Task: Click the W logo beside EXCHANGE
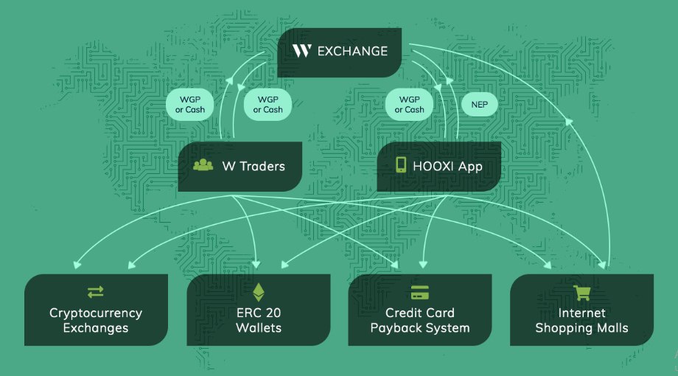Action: [x=302, y=51]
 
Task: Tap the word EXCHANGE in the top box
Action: [x=352, y=51]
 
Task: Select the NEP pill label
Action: [x=480, y=105]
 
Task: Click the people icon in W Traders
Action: [x=203, y=164]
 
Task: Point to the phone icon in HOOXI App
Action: [x=401, y=165]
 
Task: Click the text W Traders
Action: [x=254, y=166]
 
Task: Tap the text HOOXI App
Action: [x=447, y=166]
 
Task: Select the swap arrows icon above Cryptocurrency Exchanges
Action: [x=96, y=292]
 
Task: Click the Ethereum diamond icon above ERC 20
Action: [x=259, y=292]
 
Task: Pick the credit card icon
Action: [x=420, y=293]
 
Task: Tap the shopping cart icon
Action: [x=581, y=293]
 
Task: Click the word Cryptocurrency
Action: [x=96, y=313]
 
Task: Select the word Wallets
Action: [x=259, y=328]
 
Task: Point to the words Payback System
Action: [x=420, y=328]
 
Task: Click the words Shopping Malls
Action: [x=581, y=328]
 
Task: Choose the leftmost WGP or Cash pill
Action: [x=190, y=105]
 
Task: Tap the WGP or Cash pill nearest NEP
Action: [x=409, y=105]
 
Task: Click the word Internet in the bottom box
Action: [x=581, y=313]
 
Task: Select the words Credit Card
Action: [x=420, y=313]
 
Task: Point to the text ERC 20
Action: [x=259, y=313]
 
